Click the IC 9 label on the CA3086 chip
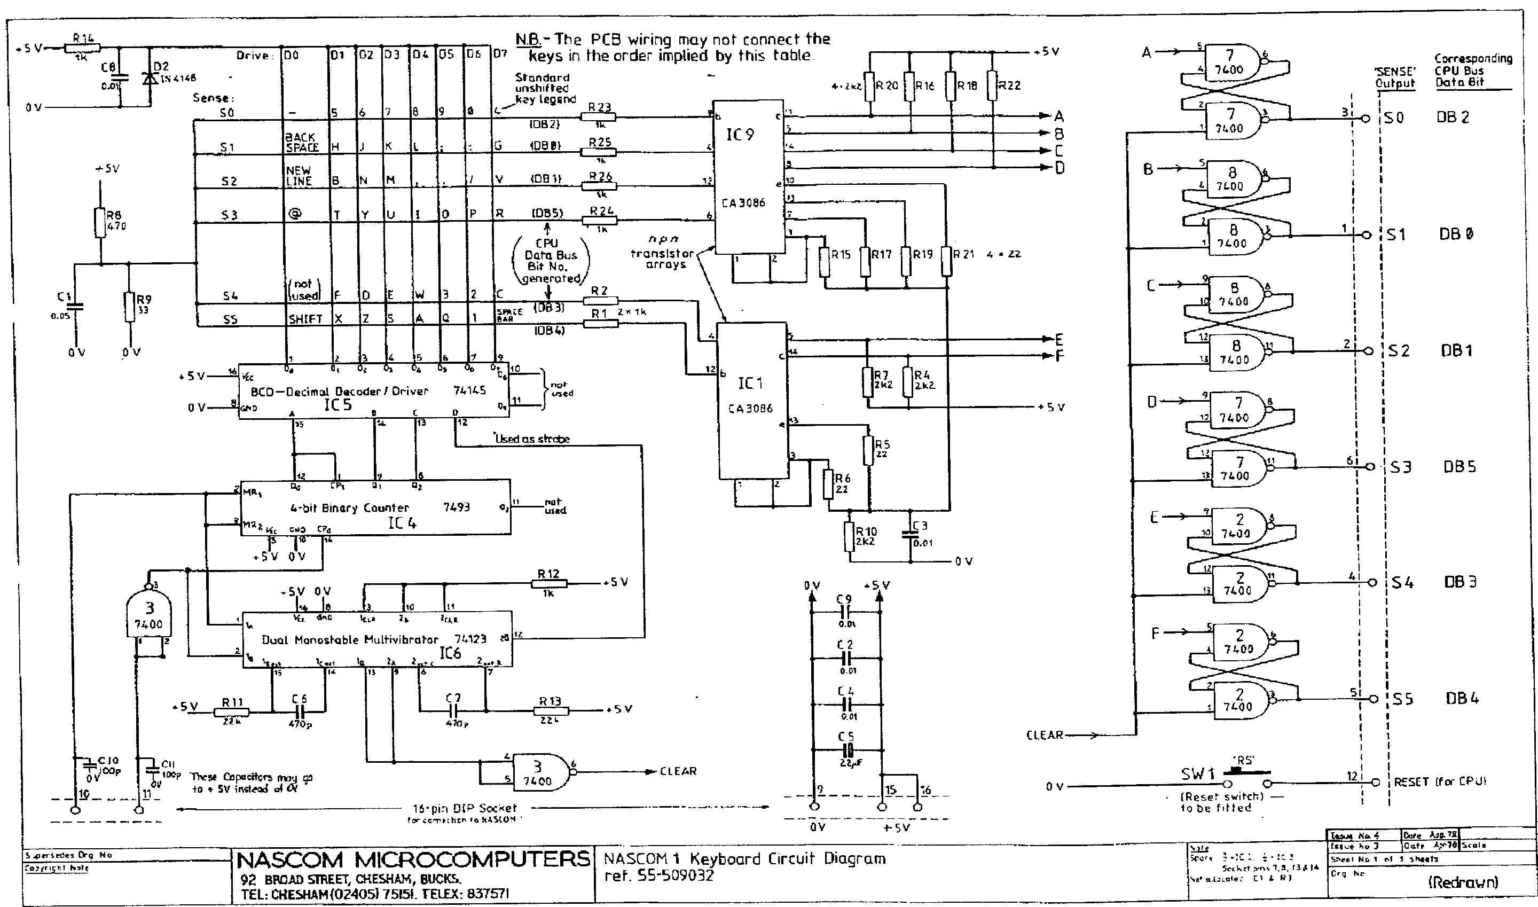pyautogui.click(x=740, y=135)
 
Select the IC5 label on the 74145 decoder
pyautogui.click(x=338, y=404)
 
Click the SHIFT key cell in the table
pyautogui.click(x=305, y=319)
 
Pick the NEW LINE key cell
pyautogui.click(x=299, y=175)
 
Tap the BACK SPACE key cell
pyautogui.click(x=301, y=142)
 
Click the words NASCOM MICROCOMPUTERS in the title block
pyautogui.click(x=412, y=859)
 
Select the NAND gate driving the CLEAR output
pyautogui.click(x=539, y=772)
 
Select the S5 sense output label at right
pyautogui.click(x=1402, y=699)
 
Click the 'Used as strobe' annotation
pyautogui.click(x=531, y=439)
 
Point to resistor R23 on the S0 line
pyautogui.click(x=599, y=116)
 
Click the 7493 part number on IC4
pyautogui.click(x=456, y=507)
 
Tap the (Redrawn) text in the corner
pyautogui.click(x=1463, y=882)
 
